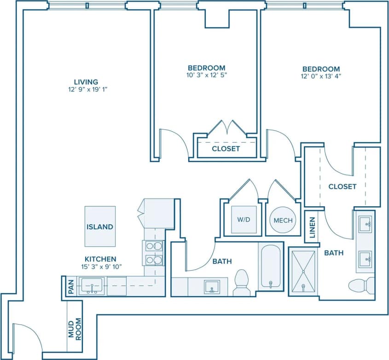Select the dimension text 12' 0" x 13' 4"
(x=321, y=76)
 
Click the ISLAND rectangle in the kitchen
(x=100, y=226)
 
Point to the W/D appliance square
(x=244, y=220)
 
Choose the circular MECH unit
(x=283, y=221)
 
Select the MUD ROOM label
(x=75, y=329)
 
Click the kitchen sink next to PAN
(x=92, y=286)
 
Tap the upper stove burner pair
(x=154, y=246)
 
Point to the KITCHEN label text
(x=100, y=259)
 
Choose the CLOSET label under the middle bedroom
(x=226, y=149)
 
